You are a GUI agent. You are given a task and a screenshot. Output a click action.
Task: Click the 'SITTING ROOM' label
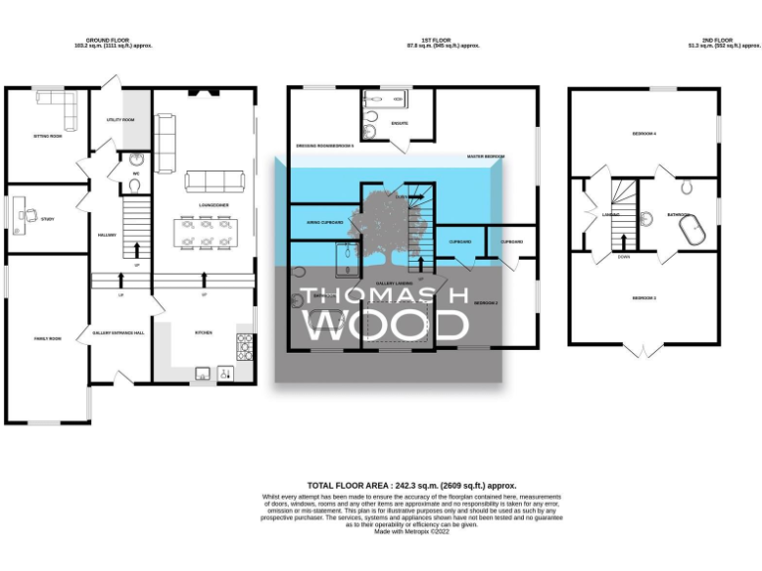[49, 137]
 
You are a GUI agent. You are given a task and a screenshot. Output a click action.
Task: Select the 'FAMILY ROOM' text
[48, 339]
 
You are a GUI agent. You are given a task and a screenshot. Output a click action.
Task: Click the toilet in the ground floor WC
[134, 161]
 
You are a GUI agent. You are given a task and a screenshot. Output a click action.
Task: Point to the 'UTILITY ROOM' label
[120, 120]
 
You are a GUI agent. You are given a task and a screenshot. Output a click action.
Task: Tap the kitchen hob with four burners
[244, 346]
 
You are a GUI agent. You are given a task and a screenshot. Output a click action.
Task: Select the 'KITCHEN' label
[204, 333]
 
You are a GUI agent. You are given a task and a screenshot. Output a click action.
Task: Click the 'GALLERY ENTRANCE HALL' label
[118, 333]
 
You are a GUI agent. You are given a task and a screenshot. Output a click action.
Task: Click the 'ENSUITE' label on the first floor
[401, 124]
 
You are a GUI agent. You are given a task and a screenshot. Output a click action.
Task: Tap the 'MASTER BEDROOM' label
[486, 157]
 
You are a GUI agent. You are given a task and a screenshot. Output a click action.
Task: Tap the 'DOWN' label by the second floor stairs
[622, 256]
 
